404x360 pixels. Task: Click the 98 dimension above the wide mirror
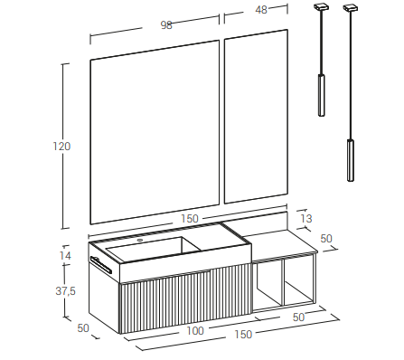tap(166, 25)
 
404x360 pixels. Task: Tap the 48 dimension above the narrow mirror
tap(261, 10)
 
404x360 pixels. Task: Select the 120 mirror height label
tap(61, 147)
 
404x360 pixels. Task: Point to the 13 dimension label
tap(306, 218)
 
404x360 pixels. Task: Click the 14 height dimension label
tap(65, 256)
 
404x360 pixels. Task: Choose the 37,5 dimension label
tap(65, 291)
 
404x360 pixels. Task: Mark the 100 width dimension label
tap(195, 331)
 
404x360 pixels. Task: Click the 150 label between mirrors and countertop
tap(190, 219)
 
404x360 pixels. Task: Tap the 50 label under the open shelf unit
tap(298, 317)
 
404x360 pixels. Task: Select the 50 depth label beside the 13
tap(326, 239)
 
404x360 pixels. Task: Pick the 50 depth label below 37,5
tap(83, 328)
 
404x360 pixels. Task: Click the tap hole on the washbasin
tap(140, 241)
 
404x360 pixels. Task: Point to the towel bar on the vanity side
tap(101, 265)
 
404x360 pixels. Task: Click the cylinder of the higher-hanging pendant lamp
tap(322, 95)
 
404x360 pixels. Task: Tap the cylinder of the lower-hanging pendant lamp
tap(351, 160)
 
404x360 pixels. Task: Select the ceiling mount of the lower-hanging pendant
tap(351, 8)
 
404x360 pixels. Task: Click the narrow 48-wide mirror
tap(256, 117)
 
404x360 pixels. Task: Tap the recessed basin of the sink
tap(154, 249)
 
